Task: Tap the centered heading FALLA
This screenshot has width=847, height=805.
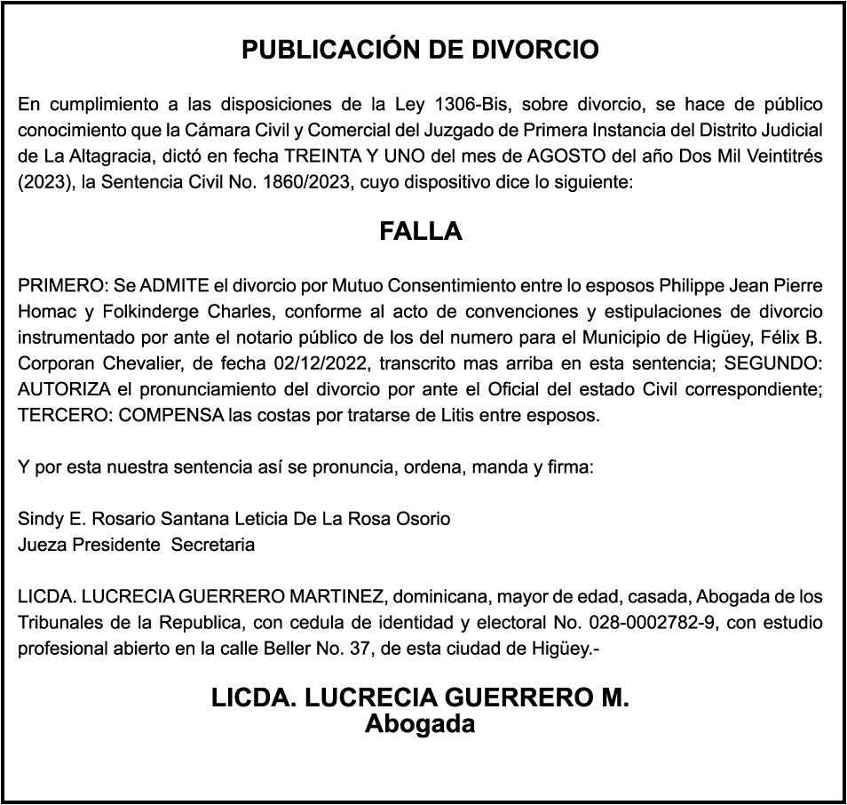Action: pos(421,231)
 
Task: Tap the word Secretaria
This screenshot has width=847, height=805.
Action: pos(213,545)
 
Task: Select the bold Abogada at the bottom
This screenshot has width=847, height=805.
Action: pos(420,724)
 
